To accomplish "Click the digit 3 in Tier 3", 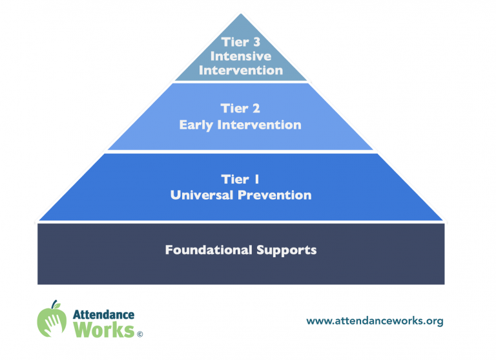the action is [x=256, y=42].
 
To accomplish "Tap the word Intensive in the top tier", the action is [x=241, y=56].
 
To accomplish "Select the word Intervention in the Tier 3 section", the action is [x=241, y=70].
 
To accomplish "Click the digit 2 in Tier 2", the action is [x=256, y=109].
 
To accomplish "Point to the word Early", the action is [x=196, y=125].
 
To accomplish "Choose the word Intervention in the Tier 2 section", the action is [x=260, y=125].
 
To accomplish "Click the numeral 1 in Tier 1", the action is [x=257, y=179].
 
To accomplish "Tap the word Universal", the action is [x=201, y=195].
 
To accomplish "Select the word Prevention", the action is [x=274, y=195].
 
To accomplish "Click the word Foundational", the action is [x=209, y=250].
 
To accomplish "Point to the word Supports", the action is [x=287, y=250].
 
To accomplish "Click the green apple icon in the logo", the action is [x=52, y=319].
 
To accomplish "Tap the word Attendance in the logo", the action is [x=104, y=314].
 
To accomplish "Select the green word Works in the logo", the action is [x=104, y=330].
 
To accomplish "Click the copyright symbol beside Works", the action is [x=139, y=334].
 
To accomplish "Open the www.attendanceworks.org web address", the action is [x=375, y=321].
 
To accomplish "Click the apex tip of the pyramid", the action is [x=241, y=14].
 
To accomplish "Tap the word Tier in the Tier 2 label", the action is [x=234, y=109].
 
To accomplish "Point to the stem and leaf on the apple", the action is [x=56, y=304].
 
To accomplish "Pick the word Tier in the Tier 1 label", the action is [x=235, y=179].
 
